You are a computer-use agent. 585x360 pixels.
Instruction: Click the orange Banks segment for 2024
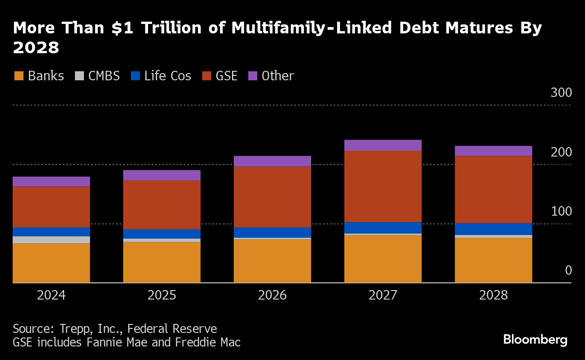51,263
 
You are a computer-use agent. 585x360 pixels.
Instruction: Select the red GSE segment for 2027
383,186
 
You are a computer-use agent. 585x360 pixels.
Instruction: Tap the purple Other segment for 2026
272,161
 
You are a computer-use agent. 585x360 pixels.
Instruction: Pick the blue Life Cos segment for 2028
493,229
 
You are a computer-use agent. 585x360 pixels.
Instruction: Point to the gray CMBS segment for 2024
51,240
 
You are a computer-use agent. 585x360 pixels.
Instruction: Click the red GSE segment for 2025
162,204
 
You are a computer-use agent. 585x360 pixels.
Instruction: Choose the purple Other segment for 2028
493,151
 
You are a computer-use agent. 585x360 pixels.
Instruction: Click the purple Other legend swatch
253,76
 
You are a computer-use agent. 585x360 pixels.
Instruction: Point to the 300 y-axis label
561,93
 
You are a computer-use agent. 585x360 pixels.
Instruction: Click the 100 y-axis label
561,211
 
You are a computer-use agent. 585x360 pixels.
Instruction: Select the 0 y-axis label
568,270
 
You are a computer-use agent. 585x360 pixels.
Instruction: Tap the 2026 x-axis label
272,295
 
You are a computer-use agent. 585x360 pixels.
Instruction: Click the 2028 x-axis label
493,295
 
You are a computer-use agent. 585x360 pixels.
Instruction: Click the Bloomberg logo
535,339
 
